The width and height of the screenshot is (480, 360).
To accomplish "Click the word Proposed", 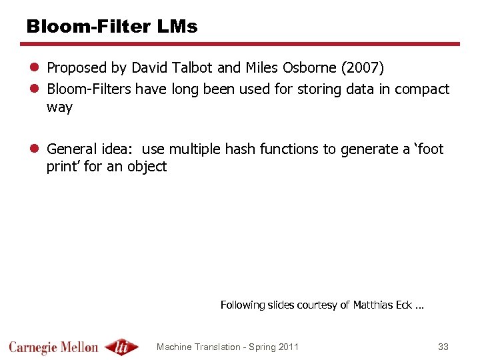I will pyautogui.click(x=77, y=68).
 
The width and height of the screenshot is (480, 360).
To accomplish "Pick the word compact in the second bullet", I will pyautogui.click(x=422, y=89).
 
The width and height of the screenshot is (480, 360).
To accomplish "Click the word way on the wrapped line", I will pyautogui.click(x=59, y=108).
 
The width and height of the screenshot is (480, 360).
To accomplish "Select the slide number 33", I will pyautogui.click(x=443, y=347).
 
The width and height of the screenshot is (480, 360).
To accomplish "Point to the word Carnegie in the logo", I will pyautogui.click(x=32, y=347).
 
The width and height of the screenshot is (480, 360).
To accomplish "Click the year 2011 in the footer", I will pyautogui.click(x=287, y=347).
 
